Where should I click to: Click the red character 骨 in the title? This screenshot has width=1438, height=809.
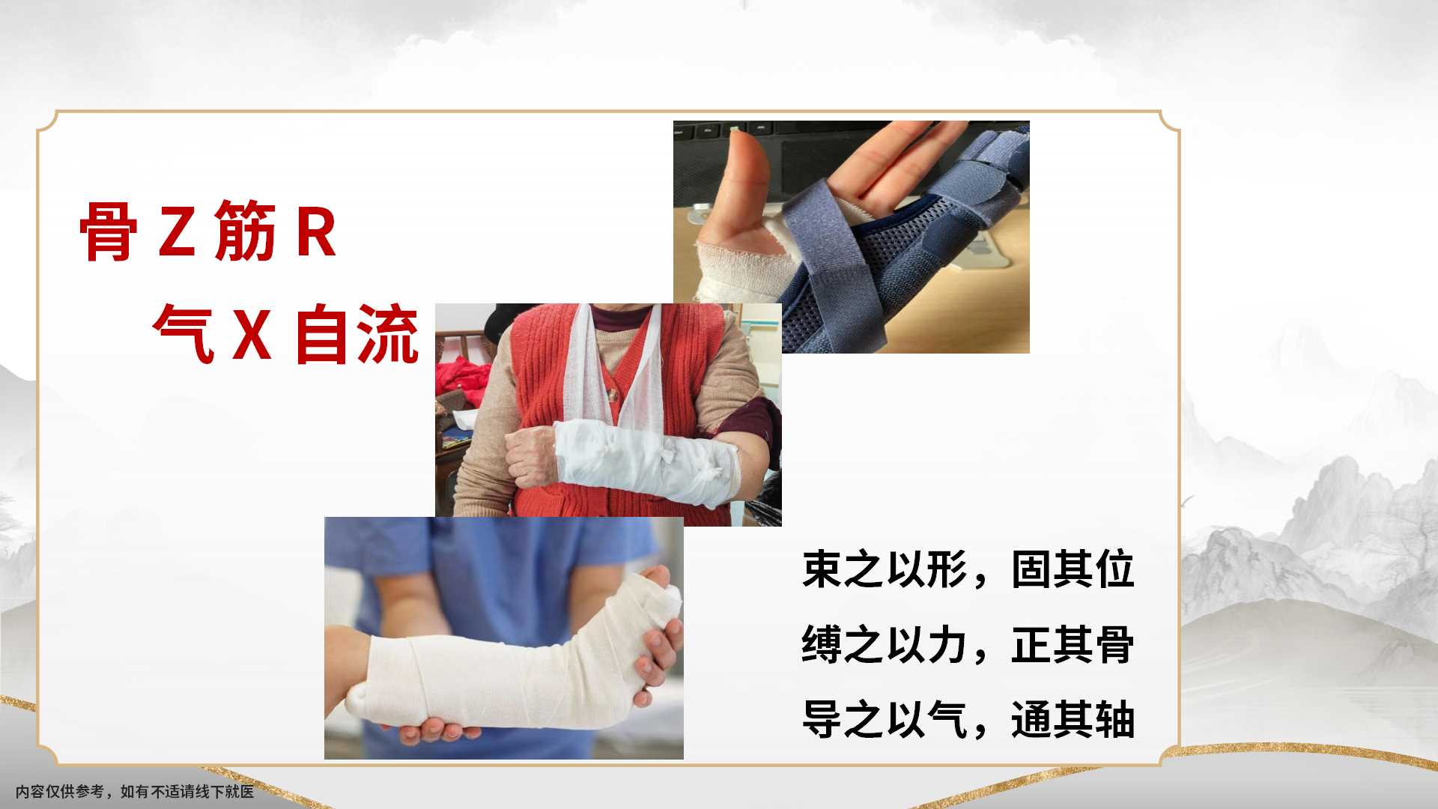click(109, 231)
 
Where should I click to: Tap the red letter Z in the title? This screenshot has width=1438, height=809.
click(177, 231)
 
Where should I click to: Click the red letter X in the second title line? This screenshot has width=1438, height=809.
click(252, 334)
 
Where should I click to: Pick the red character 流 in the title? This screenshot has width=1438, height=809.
click(387, 334)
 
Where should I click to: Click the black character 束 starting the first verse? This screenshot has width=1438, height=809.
click(822, 569)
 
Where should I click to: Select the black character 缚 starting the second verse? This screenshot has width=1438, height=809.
click(822, 644)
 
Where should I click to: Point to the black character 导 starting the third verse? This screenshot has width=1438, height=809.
click(822, 719)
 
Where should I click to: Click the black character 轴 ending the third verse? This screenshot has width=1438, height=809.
click(1115, 719)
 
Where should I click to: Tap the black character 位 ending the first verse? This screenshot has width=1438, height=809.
click(1115, 569)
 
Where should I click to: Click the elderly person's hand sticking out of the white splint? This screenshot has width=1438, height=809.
click(531, 458)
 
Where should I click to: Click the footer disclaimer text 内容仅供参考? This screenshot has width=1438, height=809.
click(60, 791)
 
